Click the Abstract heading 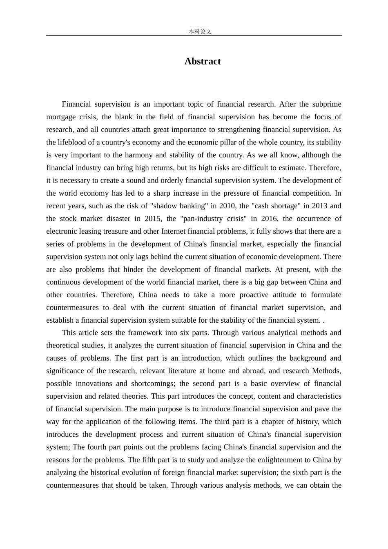202,61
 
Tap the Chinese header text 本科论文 200,31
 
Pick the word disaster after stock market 123,219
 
